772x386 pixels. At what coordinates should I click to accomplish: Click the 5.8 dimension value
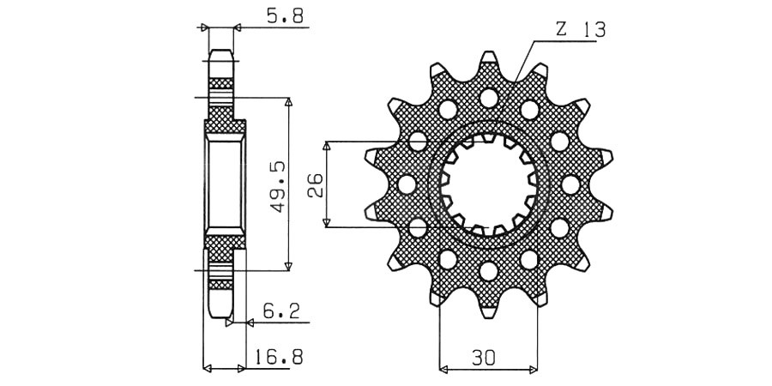coord(285,16)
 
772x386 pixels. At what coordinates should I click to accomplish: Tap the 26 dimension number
coord(315,185)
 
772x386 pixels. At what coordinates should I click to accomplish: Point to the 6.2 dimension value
coord(280,311)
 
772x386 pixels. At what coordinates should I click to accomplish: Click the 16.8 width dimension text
coord(278,355)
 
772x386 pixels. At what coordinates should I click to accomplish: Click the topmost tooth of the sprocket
coord(488,59)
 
